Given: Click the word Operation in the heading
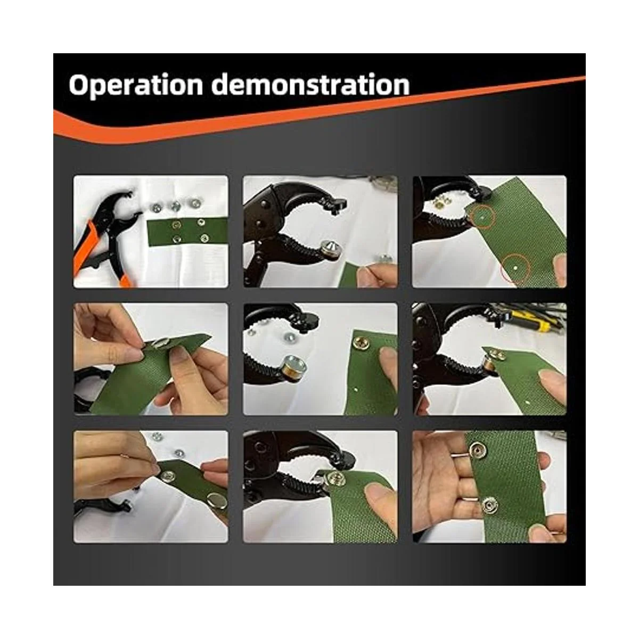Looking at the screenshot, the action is pos(136,85).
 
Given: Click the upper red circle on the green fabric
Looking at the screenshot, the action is pos(482,217).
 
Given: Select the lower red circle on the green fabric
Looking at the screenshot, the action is pos(515,268).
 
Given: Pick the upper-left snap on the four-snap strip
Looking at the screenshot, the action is pos(175,225).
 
